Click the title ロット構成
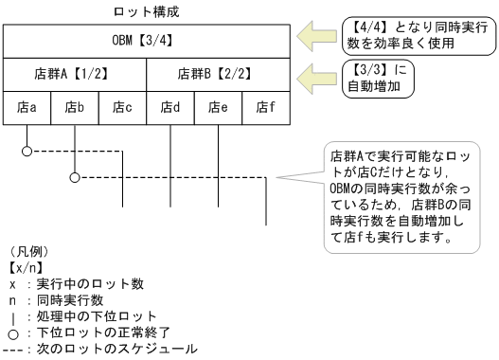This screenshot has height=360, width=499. click(148, 12)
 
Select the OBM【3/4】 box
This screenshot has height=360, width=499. click(148, 43)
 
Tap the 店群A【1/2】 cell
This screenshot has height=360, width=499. click(76, 74)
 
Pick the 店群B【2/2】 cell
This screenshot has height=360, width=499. click(219, 74)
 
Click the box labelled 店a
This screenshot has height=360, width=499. click(27, 107)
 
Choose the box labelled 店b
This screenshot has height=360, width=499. click(75, 107)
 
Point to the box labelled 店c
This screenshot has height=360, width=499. click(123, 107)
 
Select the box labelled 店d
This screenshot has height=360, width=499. click(170, 107)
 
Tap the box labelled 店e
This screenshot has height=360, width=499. click(219, 107)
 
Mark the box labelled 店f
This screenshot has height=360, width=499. click(266, 107)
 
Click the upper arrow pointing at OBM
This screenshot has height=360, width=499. click(313, 39)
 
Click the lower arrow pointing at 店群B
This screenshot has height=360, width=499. click(313, 74)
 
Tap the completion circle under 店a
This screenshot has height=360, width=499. click(27, 151)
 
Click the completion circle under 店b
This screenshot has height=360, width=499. click(75, 176)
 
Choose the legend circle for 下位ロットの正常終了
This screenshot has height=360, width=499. click(11, 332)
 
